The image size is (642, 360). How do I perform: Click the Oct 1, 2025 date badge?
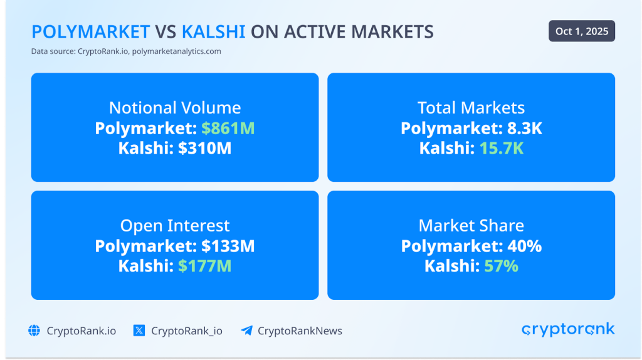click(581, 31)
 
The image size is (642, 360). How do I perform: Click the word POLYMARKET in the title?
click(90, 32)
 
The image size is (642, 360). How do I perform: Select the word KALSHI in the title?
click(213, 32)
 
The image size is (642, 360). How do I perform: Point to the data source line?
click(126, 51)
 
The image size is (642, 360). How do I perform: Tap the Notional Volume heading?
click(175, 107)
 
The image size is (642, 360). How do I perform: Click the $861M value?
click(228, 129)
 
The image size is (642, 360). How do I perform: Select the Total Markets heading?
click(471, 107)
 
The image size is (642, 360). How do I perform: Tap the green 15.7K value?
click(501, 149)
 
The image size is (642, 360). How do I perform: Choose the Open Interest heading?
click(175, 225)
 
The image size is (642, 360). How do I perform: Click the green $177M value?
click(204, 266)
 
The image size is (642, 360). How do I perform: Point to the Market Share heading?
click(471, 225)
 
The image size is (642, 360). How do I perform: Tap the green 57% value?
click(501, 266)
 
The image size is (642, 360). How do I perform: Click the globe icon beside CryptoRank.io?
click(34, 331)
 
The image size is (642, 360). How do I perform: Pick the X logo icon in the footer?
click(139, 331)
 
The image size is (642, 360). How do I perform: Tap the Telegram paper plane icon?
click(246, 331)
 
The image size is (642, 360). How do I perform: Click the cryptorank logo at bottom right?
click(568, 330)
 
